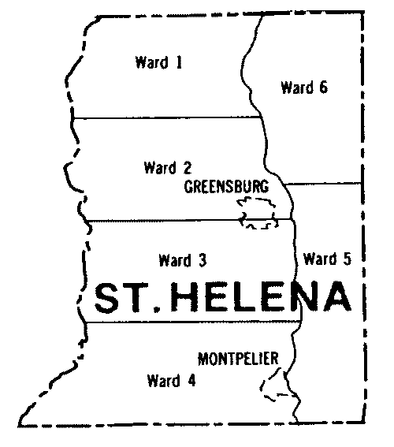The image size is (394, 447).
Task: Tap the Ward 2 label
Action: (168, 167)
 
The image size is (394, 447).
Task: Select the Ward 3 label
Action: (182, 259)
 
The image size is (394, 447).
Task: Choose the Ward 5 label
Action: (325, 258)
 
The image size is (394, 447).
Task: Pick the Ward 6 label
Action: (303, 88)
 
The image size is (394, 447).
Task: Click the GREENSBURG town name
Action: (226, 188)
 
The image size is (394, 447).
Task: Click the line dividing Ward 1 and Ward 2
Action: (165, 118)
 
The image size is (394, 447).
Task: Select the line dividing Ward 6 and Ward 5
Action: (323, 184)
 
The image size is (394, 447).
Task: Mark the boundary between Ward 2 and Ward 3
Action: (158, 222)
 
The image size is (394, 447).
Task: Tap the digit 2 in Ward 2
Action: (188, 167)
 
